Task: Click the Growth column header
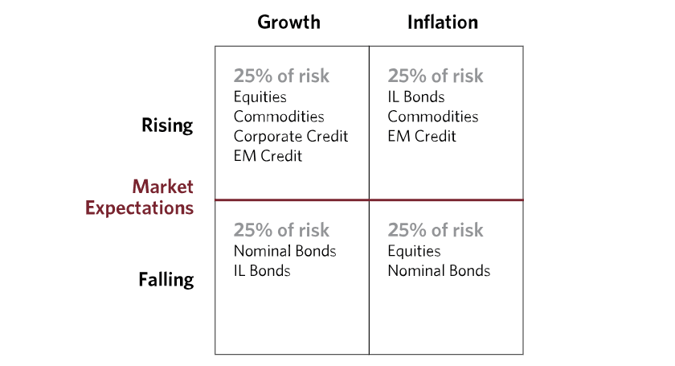(288, 23)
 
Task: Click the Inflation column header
(443, 23)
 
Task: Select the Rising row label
(167, 125)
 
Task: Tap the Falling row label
(166, 280)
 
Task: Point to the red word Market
(162, 187)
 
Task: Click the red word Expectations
(140, 208)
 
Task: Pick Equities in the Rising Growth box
(260, 97)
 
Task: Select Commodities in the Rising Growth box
(279, 117)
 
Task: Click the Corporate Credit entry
(291, 136)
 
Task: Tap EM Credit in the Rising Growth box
(268, 155)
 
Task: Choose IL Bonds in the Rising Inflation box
(416, 97)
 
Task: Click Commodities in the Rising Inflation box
(433, 117)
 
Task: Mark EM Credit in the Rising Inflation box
(422, 136)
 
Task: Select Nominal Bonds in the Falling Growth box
(285, 251)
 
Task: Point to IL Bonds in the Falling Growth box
(262, 271)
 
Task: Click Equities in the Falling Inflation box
(414, 251)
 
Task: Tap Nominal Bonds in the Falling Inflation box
(439, 271)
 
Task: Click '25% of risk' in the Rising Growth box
(281, 76)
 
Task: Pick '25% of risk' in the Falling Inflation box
(436, 230)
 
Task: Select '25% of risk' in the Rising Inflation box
(436, 76)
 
